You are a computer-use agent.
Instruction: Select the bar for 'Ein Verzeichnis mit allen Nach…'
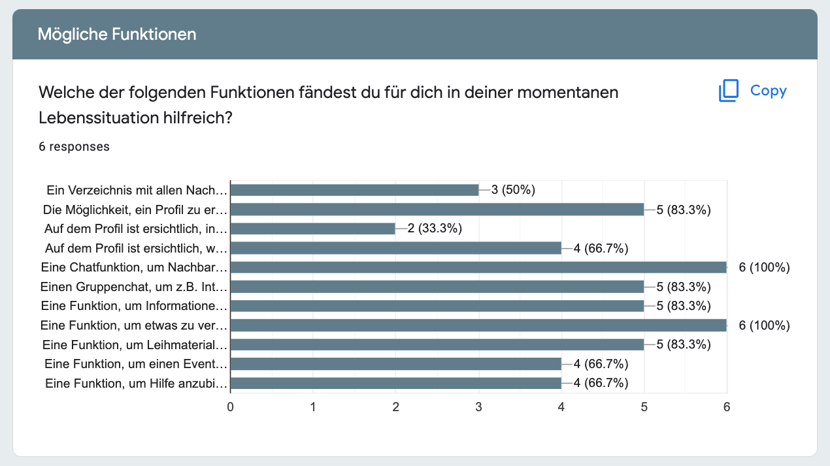355,190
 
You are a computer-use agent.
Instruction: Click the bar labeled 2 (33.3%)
313,229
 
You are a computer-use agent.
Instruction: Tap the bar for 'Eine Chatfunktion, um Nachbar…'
478,268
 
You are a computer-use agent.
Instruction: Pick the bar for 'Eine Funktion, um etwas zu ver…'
478,326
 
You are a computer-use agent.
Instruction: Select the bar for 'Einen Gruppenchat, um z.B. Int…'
437,287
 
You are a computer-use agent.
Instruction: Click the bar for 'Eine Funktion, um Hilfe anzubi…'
396,384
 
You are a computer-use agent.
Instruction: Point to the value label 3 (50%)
513,190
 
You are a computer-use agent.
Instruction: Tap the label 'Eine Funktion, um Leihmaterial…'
135,345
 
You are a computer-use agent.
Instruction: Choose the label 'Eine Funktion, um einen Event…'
136,364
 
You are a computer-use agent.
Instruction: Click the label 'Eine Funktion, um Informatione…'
135,306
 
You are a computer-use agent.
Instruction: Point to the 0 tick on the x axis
231,407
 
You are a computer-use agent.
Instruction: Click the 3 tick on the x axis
479,407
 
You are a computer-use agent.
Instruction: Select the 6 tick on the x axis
727,407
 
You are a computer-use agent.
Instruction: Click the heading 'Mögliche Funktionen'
117,34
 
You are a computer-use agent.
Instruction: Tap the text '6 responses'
75,147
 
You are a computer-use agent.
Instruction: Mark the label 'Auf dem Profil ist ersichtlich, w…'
136,249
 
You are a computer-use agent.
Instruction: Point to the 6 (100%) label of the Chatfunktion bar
764,268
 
